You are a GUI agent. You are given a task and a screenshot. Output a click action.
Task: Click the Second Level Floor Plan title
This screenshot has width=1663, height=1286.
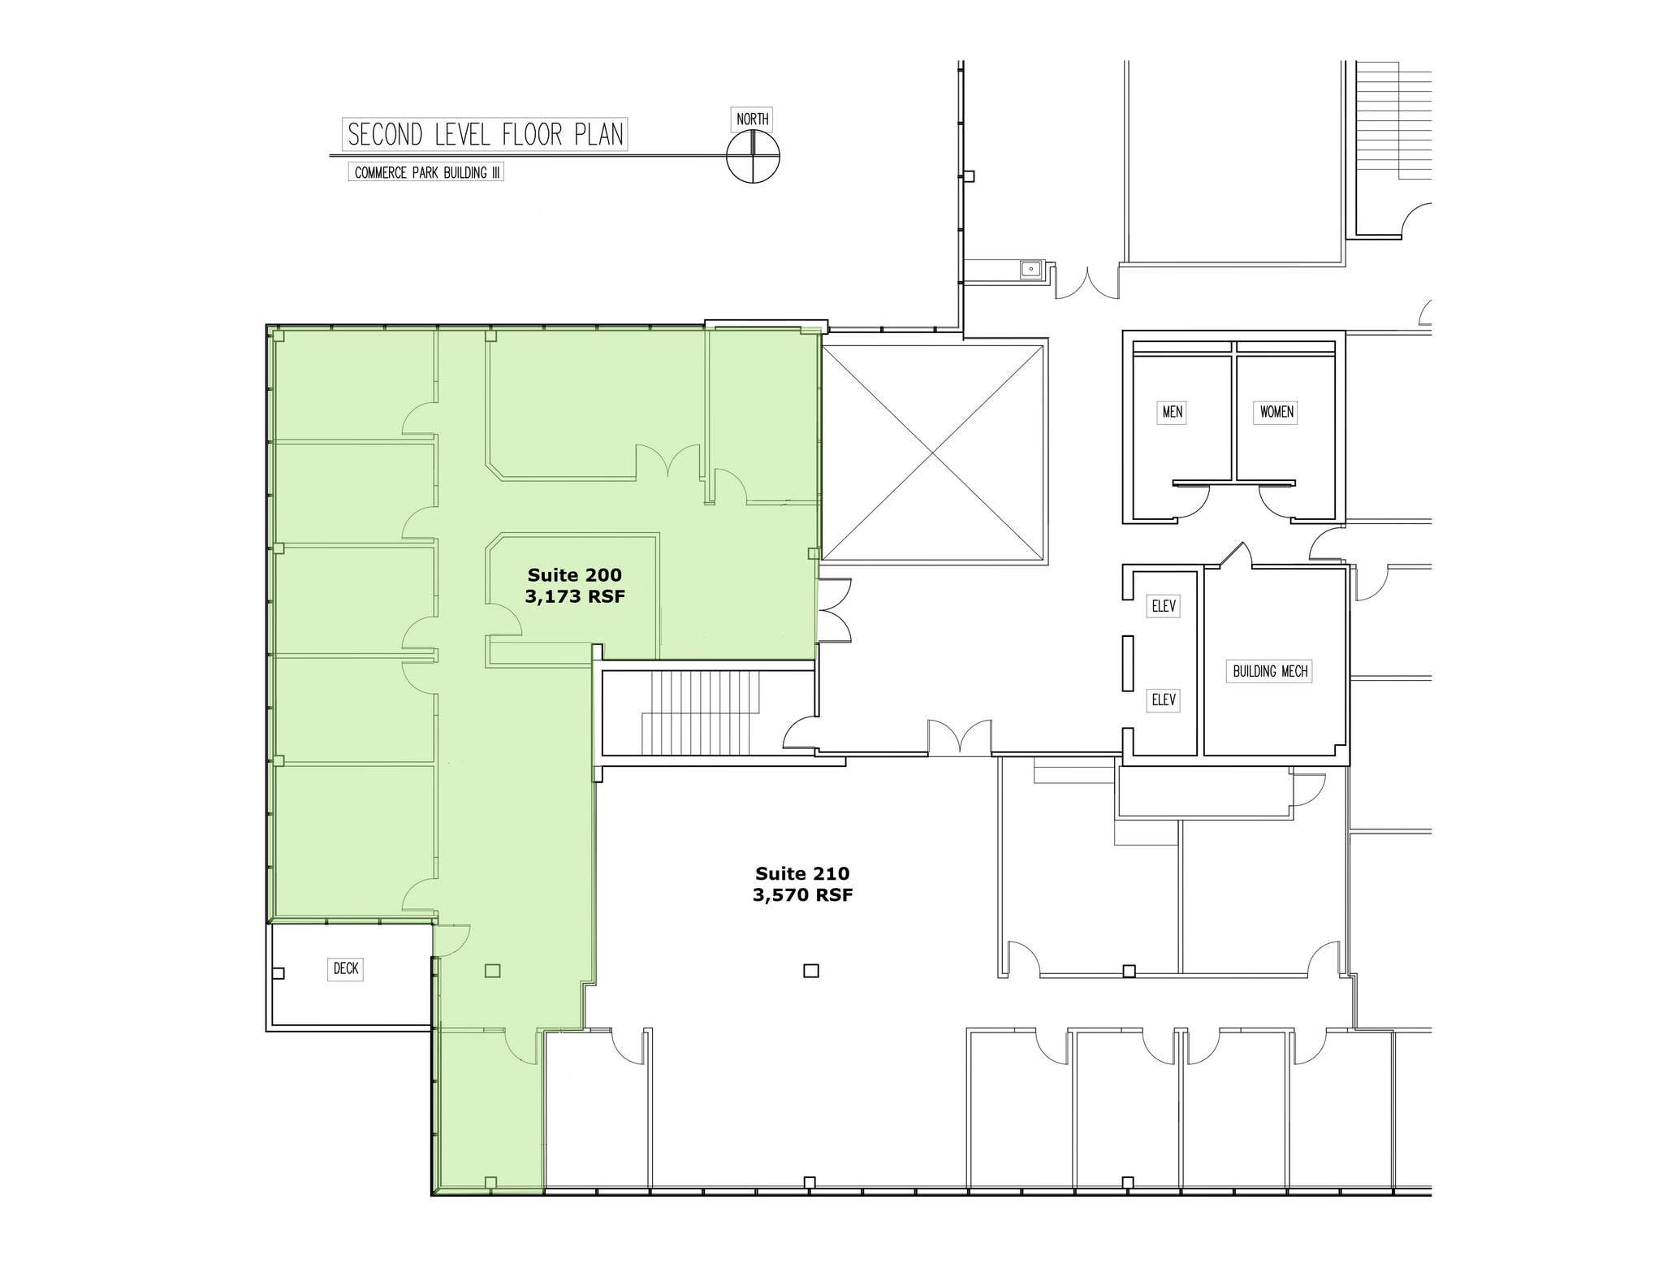point(486,135)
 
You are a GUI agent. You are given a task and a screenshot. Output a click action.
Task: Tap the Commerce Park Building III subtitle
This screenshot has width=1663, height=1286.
point(425,173)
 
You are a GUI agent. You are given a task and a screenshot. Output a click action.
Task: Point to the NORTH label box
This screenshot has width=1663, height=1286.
point(752,119)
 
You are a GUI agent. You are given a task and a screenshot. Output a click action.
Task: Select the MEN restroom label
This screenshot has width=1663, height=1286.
point(1172,412)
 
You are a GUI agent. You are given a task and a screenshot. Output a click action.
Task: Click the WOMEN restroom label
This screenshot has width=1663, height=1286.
point(1276,412)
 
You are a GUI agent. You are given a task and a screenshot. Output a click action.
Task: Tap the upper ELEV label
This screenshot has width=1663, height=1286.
point(1164,606)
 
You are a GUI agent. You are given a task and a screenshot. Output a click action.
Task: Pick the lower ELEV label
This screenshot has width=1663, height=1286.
point(1164,699)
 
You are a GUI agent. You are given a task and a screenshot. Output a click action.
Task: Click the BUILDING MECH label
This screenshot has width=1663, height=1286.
point(1270,671)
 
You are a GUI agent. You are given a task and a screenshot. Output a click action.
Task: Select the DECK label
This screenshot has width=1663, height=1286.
point(346,968)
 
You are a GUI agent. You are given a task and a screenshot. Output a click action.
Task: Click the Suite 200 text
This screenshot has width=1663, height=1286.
point(574,575)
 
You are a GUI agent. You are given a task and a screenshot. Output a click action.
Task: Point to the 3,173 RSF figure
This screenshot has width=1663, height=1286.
point(574,597)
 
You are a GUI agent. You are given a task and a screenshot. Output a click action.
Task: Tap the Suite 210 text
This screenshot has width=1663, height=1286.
point(802,873)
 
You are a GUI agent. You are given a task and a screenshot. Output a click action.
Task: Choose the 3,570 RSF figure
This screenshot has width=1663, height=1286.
point(802,895)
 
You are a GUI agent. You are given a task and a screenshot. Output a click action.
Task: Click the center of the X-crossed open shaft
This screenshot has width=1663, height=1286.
point(933,452)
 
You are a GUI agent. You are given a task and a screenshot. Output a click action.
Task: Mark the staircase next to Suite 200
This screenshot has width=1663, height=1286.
point(702,712)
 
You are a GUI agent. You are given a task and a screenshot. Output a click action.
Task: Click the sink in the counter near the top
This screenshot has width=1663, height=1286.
point(1030,269)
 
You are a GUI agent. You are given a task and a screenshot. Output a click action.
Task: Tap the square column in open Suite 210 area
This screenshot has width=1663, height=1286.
point(810,970)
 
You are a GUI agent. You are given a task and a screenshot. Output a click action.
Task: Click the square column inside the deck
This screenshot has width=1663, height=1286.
point(278,973)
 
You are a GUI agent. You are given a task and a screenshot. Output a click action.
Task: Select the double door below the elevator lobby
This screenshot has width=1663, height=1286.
point(960,738)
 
